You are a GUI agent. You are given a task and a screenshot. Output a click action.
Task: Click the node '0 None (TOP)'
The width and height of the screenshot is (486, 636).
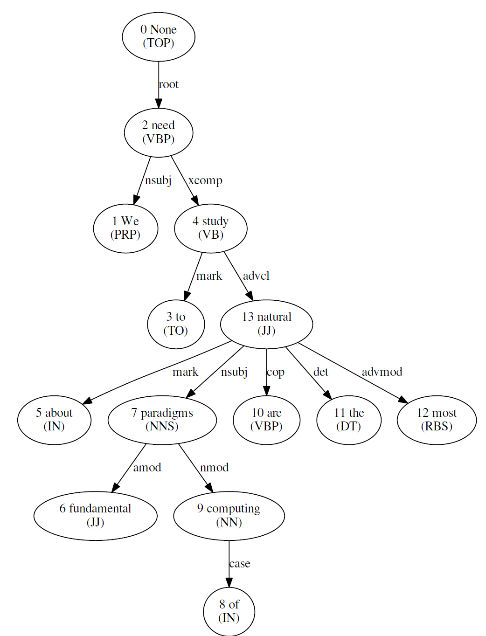[159, 36]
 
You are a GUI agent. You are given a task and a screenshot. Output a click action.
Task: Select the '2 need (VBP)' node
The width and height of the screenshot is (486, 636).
[159, 132]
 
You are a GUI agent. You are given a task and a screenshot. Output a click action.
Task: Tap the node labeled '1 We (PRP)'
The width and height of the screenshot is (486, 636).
[125, 228]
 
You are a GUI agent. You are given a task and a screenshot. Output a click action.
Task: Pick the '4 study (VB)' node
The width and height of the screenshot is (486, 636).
[211, 228]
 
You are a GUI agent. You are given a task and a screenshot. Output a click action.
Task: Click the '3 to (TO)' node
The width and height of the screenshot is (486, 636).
[176, 324]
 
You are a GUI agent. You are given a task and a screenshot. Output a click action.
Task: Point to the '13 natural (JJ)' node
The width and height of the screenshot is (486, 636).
[266, 324]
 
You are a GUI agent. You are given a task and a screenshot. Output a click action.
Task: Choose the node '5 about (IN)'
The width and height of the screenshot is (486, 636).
[54, 420]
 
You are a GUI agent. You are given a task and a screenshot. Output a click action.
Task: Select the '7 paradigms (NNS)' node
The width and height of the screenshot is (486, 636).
[162, 420]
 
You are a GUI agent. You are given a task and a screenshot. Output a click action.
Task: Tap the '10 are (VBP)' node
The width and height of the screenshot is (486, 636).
[266, 420]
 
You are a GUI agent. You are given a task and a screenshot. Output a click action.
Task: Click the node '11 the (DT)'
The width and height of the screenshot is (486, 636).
[349, 420]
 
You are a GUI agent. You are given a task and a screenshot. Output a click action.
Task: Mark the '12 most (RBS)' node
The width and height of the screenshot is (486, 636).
[437, 420]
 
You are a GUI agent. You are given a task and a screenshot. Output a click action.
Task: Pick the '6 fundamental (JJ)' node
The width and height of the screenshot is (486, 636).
[95, 516]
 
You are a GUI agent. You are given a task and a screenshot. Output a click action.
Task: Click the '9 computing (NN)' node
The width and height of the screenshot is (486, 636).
[229, 516]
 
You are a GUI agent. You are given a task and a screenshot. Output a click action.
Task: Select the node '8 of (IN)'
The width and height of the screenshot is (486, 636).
[229, 611]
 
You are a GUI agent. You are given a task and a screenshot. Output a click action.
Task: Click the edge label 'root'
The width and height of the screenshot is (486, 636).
[169, 84]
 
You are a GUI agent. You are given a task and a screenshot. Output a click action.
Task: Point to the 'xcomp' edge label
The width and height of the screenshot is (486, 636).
[205, 180]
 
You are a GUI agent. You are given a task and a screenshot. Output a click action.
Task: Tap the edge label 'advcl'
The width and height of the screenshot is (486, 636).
[256, 276]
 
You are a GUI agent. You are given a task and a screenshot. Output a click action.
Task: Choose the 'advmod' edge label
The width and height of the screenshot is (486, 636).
[382, 372]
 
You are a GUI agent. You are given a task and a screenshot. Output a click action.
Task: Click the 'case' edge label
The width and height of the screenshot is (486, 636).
[240, 564]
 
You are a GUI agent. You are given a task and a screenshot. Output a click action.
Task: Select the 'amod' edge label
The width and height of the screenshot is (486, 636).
[147, 468]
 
